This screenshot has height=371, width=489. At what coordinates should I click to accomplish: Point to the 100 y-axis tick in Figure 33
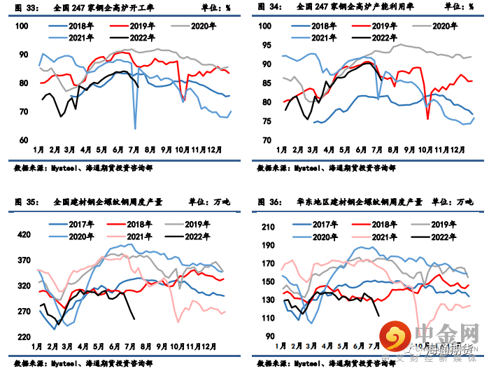pyautogui.click(x=22, y=26)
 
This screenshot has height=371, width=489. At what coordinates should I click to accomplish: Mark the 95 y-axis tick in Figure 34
pyautogui.click(x=266, y=45)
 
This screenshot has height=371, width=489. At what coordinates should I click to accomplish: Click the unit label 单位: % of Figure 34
pyautogui.click(x=456, y=8)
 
